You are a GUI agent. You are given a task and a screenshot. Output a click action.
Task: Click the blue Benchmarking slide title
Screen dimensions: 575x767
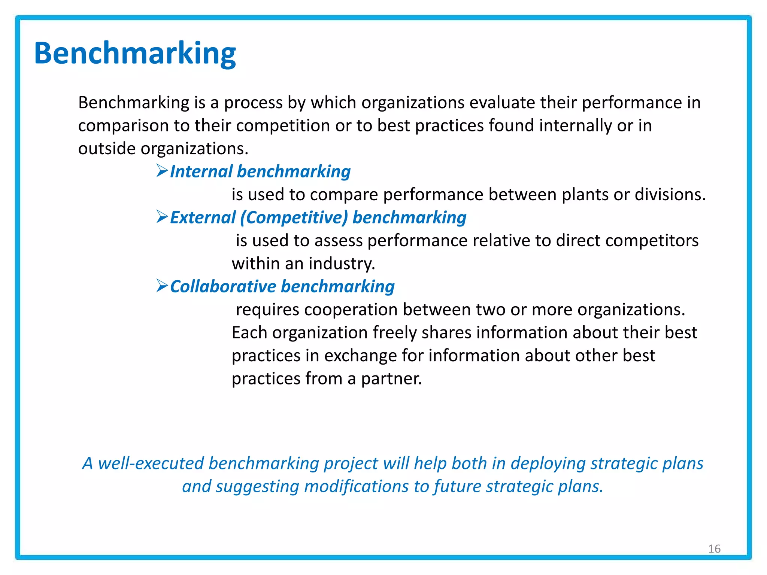click(135, 54)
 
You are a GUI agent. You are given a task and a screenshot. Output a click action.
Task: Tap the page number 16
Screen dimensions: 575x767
click(714, 549)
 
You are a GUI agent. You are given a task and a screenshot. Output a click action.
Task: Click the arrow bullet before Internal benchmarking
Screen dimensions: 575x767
click(162, 171)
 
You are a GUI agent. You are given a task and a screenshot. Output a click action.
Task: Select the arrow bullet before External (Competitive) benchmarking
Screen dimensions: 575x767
click(162, 217)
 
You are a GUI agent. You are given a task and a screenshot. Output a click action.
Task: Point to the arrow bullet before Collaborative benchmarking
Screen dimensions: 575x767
click(162, 286)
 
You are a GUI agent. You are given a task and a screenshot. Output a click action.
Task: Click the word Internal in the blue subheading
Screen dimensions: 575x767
click(201, 172)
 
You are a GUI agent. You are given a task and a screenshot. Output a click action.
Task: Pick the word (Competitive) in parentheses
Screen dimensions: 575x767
click(294, 218)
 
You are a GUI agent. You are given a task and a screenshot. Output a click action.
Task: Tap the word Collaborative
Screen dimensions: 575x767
click(223, 287)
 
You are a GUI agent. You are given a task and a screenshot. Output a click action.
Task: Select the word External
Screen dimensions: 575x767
click(203, 218)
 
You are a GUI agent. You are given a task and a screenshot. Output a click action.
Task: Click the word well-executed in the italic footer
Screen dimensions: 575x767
click(151, 463)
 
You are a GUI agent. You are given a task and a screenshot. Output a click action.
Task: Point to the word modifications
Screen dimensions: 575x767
click(356, 487)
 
